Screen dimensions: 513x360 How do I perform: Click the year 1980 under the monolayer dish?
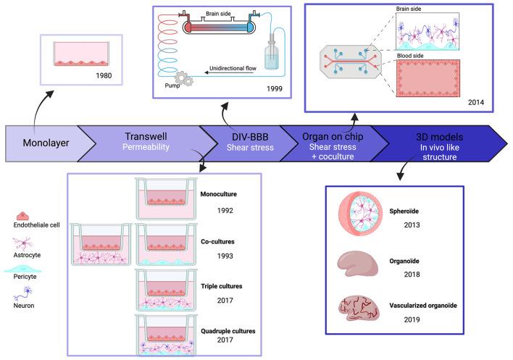click(x=104, y=75)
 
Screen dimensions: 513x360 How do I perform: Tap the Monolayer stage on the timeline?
click(x=46, y=143)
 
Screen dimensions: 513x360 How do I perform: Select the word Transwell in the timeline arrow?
click(x=146, y=136)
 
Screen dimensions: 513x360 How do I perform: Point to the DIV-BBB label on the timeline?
click(x=250, y=137)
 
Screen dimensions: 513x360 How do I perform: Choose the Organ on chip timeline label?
click(x=333, y=137)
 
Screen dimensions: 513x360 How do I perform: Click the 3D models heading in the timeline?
click(x=439, y=137)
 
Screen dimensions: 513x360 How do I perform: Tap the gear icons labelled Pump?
click(x=183, y=78)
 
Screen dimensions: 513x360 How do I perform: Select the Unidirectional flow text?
click(x=233, y=68)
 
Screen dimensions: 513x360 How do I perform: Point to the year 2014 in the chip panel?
click(x=476, y=102)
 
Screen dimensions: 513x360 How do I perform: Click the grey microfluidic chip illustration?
click(x=350, y=62)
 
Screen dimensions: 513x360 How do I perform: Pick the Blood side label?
click(x=410, y=56)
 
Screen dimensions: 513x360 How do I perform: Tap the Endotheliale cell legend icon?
click(x=22, y=216)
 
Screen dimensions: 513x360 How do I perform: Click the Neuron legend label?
click(x=24, y=306)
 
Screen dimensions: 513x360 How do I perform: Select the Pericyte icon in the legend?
click(x=23, y=269)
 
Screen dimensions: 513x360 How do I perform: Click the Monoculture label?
click(x=219, y=194)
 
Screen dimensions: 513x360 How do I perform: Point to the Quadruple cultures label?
click(x=228, y=331)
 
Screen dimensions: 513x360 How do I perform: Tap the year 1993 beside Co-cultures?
click(x=225, y=256)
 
